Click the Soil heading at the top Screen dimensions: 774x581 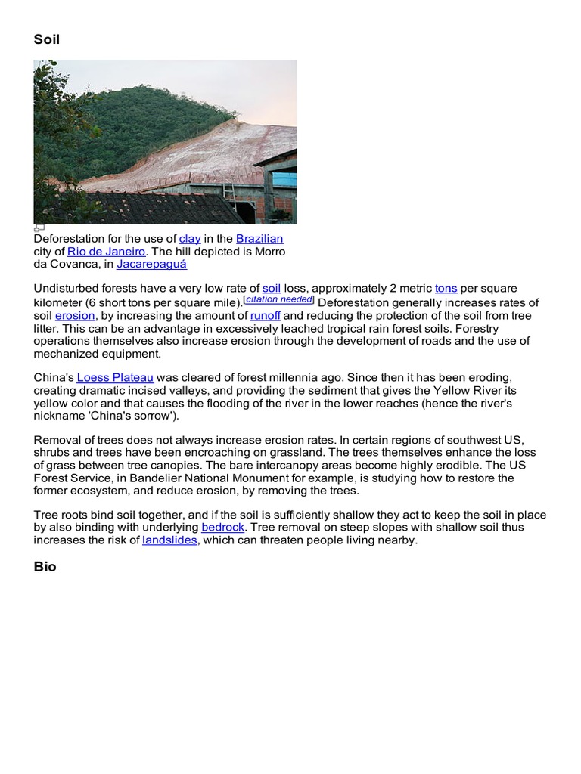tap(47, 39)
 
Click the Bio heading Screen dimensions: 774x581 tap(45, 567)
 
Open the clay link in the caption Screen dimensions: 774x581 tap(190, 239)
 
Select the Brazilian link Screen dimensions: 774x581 tap(259, 239)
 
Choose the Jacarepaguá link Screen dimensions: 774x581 tap(151, 265)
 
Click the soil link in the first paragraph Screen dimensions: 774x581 tap(272, 289)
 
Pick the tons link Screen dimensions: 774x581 tap(446, 289)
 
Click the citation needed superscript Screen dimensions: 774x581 tap(279, 300)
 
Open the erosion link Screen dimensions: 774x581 tap(75, 316)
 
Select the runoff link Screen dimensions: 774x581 tap(266, 316)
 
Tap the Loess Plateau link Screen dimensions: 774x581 tap(115, 378)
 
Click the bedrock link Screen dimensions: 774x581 tap(223, 528)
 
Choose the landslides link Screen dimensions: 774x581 tap(169, 540)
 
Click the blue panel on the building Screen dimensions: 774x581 tap(284, 179)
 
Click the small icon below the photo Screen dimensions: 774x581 tap(39, 228)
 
